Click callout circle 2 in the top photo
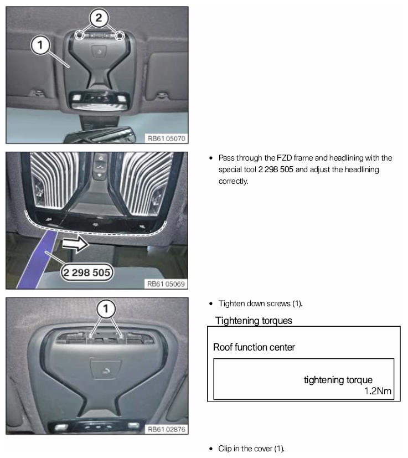click(99, 18)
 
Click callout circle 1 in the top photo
click(40, 45)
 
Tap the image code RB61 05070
click(167, 138)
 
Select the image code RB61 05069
click(166, 284)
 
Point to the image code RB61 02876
click(167, 429)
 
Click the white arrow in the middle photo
click(75, 244)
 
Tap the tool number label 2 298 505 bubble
click(87, 272)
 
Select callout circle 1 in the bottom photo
click(106, 308)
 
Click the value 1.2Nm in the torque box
click(378, 391)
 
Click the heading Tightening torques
click(254, 321)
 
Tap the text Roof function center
click(254, 347)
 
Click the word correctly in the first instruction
click(234, 181)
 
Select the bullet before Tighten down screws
click(211, 304)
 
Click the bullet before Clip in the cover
click(211, 449)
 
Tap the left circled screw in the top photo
click(79, 35)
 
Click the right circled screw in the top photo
click(120, 35)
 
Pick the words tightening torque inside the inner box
click(338, 380)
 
